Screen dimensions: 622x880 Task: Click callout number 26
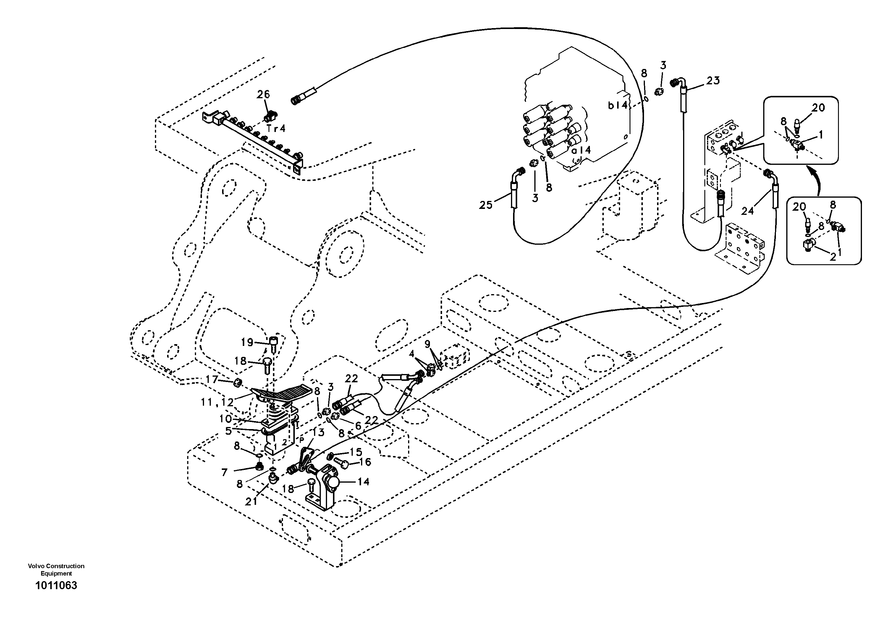pyautogui.click(x=263, y=94)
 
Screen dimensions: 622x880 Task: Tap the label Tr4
pyautogui.click(x=276, y=128)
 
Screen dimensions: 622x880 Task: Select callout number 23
pyautogui.click(x=713, y=80)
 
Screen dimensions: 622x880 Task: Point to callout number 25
pyautogui.click(x=486, y=205)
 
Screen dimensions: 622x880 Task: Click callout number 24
pyautogui.click(x=748, y=210)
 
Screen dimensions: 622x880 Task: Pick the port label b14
pyautogui.click(x=618, y=105)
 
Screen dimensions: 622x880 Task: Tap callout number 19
pyautogui.click(x=247, y=342)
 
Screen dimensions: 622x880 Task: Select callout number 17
pyautogui.click(x=211, y=379)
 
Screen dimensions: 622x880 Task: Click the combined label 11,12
pyautogui.click(x=217, y=402)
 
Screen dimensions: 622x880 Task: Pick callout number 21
pyautogui.click(x=251, y=501)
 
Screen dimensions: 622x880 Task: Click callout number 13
pyautogui.click(x=318, y=432)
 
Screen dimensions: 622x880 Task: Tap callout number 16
pyautogui.click(x=365, y=462)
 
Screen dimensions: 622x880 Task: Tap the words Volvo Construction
pyautogui.click(x=56, y=566)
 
